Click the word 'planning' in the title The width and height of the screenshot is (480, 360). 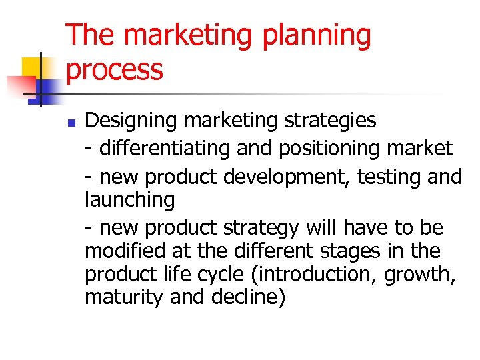coord(317,36)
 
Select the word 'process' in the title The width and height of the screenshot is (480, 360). coord(115,69)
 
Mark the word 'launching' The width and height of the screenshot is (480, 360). coord(129,199)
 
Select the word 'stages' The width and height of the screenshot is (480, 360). coord(363,251)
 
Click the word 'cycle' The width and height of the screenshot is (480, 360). coord(218,274)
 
